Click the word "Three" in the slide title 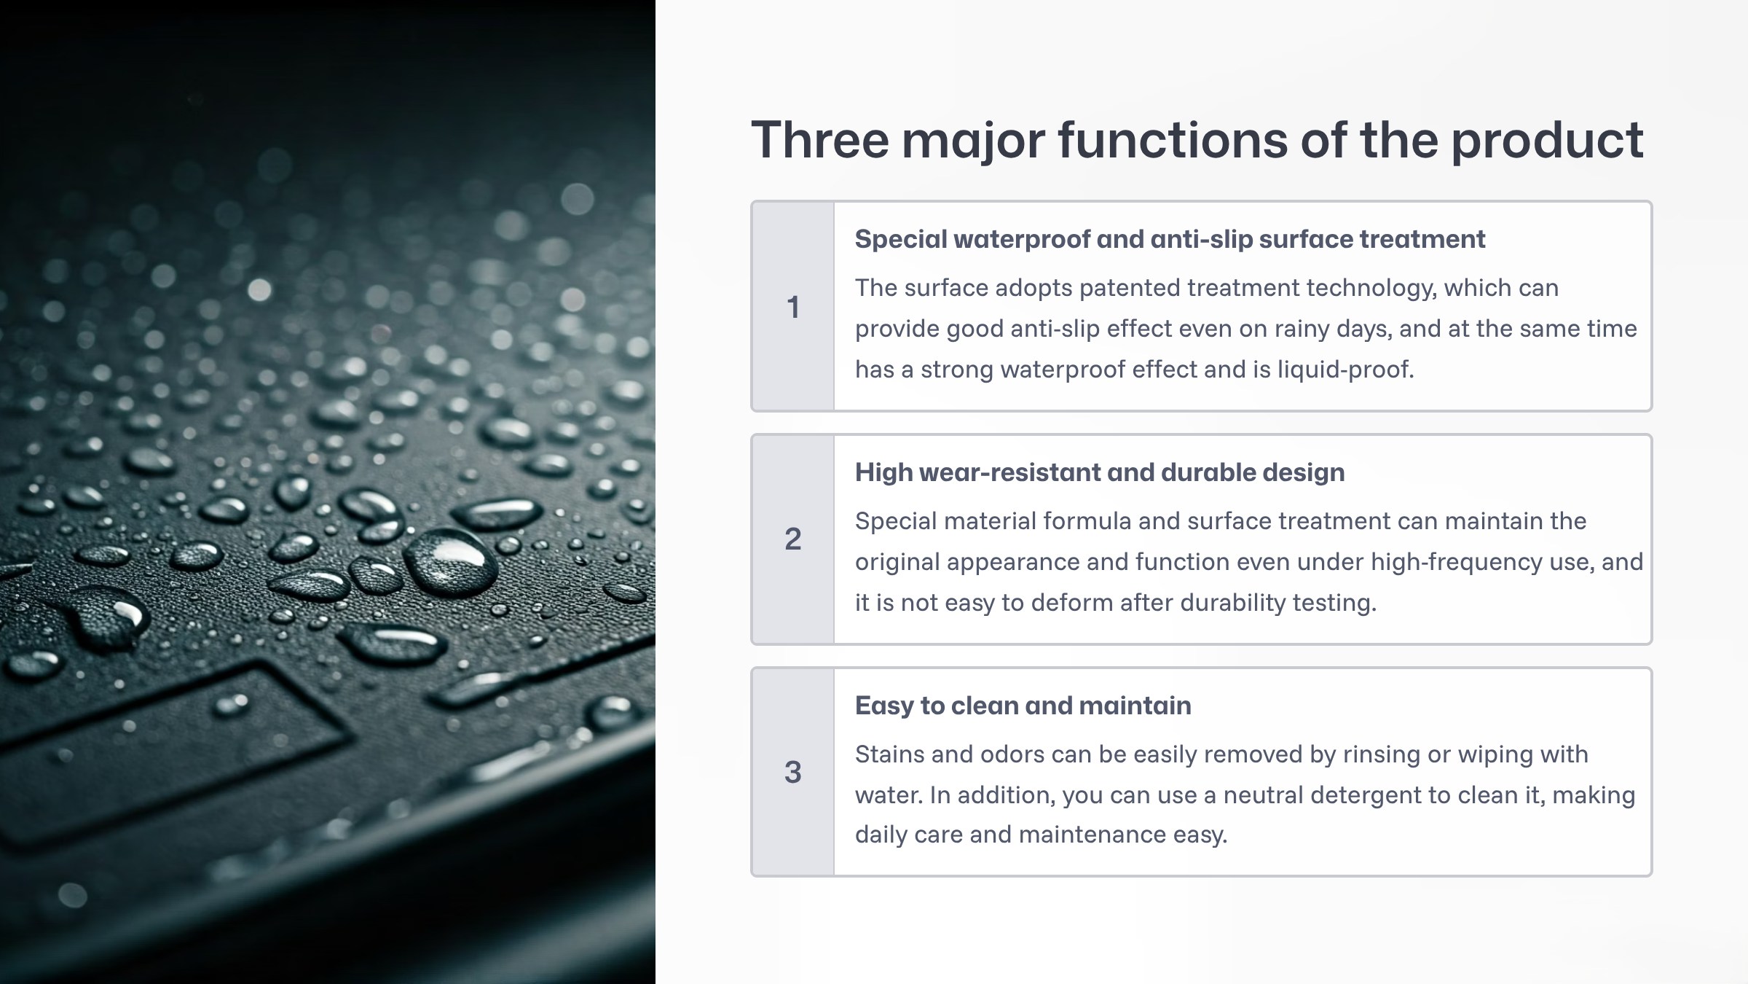click(820, 139)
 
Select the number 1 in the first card click(793, 307)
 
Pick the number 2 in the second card click(793, 539)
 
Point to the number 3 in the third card click(793, 772)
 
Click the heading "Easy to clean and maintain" click(1023, 706)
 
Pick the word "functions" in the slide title click(1173, 139)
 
